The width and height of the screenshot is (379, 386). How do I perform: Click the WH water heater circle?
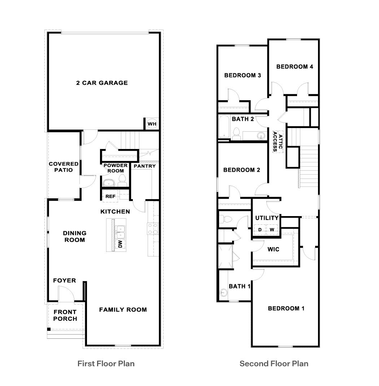pyautogui.click(x=152, y=124)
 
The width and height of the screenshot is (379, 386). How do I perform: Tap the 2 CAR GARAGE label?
pyautogui.click(x=102, y=83)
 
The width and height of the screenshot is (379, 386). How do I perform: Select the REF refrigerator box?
pyautogui.click(x=110, y=196)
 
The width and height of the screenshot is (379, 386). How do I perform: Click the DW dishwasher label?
pyautogui.click(x=120, y=245)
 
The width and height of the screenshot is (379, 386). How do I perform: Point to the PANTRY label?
pyautogui.click(x=144, y=166)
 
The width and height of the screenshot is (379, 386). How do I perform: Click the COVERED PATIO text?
pyautogui.click(x=64, y=167)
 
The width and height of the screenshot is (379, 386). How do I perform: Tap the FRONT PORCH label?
pyautogui.click(x=65, y=315)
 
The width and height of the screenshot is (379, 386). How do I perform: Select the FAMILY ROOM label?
pyautogui.click(x=123, y=309)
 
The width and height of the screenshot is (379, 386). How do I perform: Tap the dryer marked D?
pyautogui.click(x=260, y=229)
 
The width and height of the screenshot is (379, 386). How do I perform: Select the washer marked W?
pyautogui.click(x=272, y=229)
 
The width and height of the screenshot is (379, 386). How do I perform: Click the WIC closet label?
pyautogui.click(x=273, y=249)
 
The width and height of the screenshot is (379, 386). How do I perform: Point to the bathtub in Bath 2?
pyautogui.click(x=224, y=127)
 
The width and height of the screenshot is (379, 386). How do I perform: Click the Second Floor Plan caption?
pyautogui.click(x=274, y=363)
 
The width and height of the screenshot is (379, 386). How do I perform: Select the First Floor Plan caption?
pyautogui.click(x=106, y=363)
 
